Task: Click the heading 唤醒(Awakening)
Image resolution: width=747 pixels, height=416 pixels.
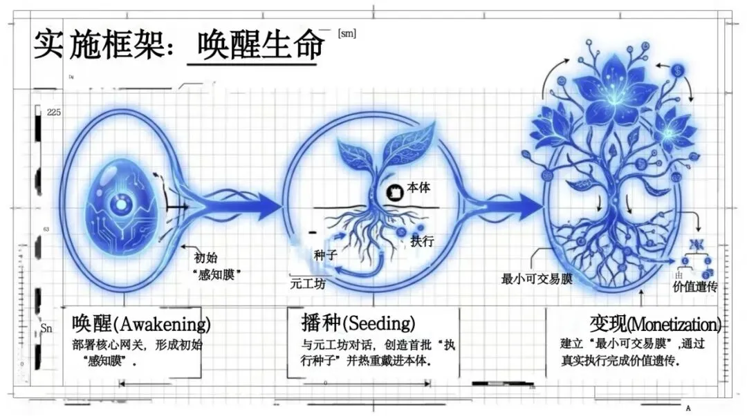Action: click(141, 323)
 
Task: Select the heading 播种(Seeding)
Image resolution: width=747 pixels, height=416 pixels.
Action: click(358, 323)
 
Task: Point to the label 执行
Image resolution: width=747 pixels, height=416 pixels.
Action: click(422, 241)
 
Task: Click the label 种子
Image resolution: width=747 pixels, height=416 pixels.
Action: click(324, 255)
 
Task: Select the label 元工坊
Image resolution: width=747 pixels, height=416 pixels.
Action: click(307, 283)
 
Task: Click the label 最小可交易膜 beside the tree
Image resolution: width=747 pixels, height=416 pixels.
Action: click(537, 279)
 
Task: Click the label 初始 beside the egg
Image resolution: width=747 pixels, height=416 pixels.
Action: click(205, 258)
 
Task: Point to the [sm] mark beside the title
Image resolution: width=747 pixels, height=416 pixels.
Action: click(347, 32)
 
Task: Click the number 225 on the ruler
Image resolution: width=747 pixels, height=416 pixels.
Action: click(53, 112)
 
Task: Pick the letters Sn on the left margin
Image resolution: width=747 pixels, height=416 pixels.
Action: click(46, 329)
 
